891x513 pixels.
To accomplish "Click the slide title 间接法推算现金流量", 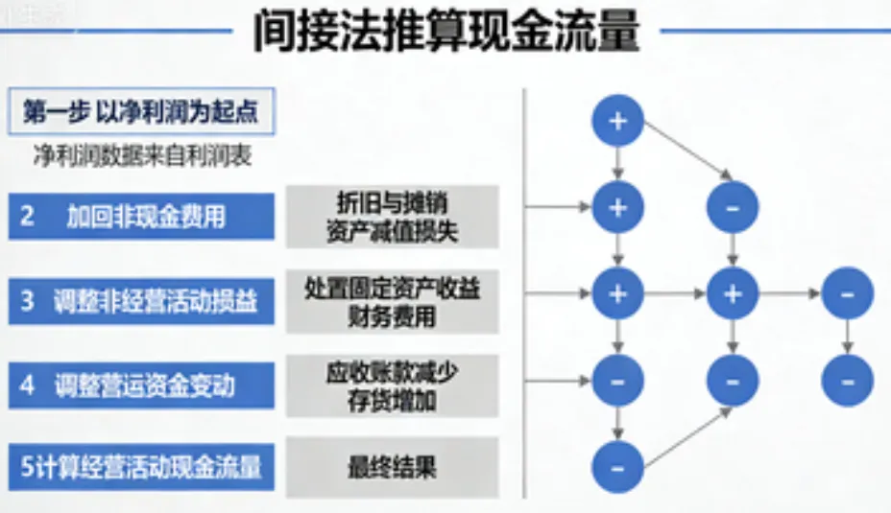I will click(445, 32).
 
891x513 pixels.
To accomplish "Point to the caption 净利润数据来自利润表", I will click(142, 156).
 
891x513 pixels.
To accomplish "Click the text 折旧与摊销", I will click(392, 202).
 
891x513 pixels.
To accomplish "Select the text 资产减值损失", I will click(392, 230).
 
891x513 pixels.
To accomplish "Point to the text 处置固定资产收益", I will click(392, 288).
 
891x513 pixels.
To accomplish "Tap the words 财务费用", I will click(392, 315).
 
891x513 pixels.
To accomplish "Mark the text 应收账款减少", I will click(392, 372).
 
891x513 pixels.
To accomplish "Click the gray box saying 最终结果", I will click(392, 468).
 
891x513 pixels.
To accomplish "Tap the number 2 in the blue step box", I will click(28, 216).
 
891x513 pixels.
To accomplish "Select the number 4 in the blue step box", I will click(28, 385).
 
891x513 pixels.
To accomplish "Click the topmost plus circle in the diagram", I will click(617, 121).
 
